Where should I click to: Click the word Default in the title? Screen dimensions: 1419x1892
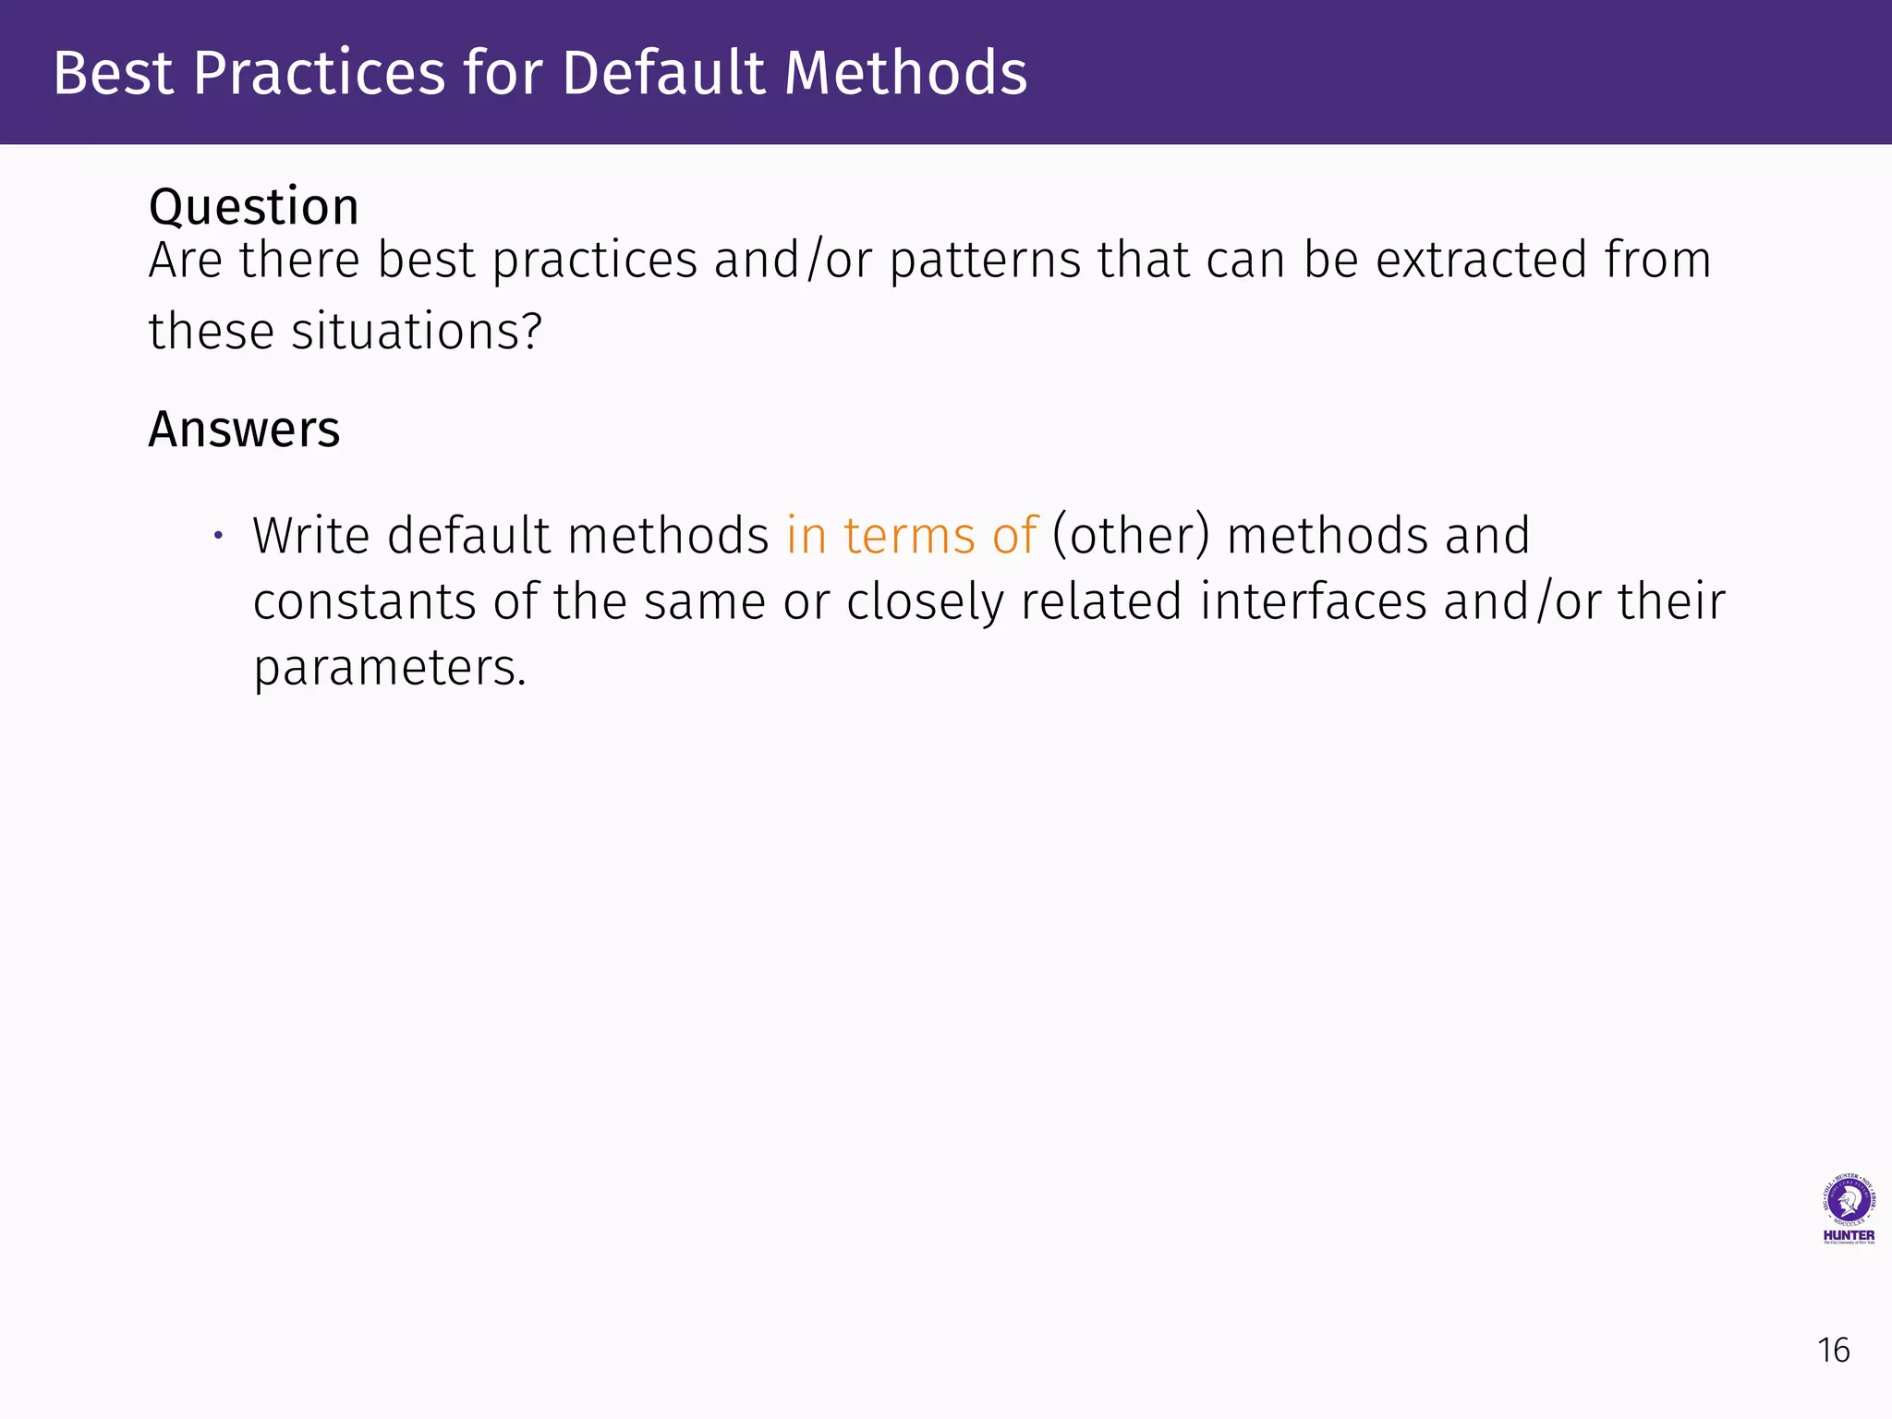[x=663, y=73]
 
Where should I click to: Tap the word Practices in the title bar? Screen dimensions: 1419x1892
[x=320, y=73]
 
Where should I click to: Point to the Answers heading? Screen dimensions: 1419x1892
[x=244, y=430]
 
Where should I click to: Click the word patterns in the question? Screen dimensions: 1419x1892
[x=985, y=261]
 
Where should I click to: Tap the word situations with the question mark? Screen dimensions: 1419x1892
[x=416, y=332]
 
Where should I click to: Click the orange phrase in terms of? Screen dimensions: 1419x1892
[x=912, y=536]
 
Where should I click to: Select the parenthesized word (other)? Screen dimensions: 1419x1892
[x=1131, y=536]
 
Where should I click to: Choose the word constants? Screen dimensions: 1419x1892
[x=364, y=602]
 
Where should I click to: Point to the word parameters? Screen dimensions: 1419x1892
[x=389, y=669]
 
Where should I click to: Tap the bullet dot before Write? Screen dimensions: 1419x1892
[x=218, y=535]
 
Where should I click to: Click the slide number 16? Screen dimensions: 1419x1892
[x=1833, y=1351]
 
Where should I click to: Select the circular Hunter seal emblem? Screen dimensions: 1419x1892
[x=1849, y=1200]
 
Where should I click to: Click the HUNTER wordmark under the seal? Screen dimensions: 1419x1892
[x=1849, y=1235]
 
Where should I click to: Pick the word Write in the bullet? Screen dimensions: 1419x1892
[x=311, y=536]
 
